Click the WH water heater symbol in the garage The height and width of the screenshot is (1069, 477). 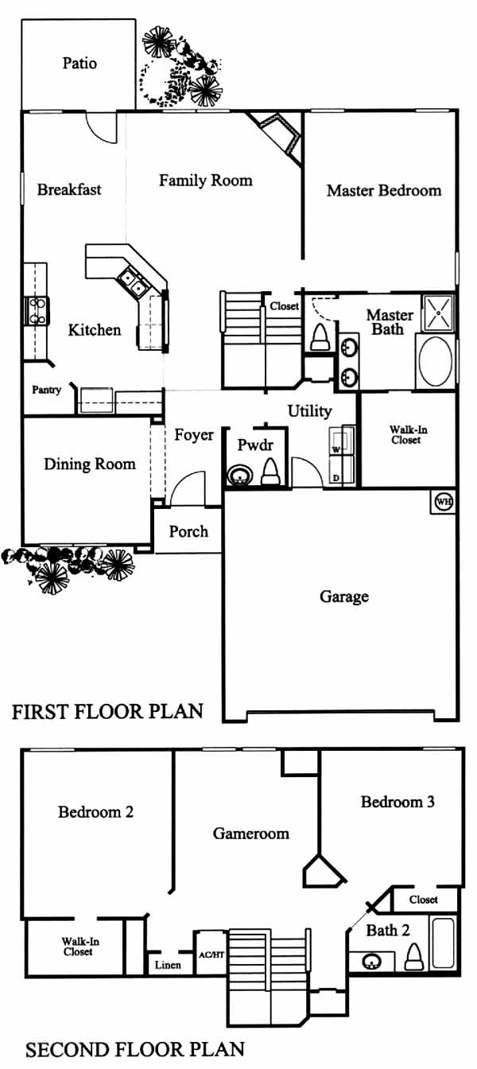pyautogui.click(x=443, y=502)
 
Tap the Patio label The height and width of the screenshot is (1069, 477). pyautogui.click(x=79, y=63)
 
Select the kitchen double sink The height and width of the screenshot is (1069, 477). pyautogui.click(x=133, y=282)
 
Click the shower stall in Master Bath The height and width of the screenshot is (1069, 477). pyautogui.click(x=438, y=313)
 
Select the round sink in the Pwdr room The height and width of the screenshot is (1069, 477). pyautogui.click(x=238, y=476)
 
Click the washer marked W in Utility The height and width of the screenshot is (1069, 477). pyautogui.click(x=342, y=441)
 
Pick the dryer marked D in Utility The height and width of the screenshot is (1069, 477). pyautogui.click(x=342, y=469)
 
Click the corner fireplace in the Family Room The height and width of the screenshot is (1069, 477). pyautogui.click(x=277, y=137)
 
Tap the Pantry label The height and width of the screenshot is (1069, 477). pyautogui.click(x=47, y=390)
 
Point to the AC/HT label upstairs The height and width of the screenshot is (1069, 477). pyautogui.click(x=211, y=955)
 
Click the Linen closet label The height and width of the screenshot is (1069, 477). pyautogui.click(x=168, y=965)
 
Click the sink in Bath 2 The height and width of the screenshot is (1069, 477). pyautogui.click(x=372, y=961)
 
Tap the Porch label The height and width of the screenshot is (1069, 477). pyautogui.click(x=189, y=531)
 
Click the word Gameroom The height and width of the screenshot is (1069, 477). pyautogui.click(x=251, y=834)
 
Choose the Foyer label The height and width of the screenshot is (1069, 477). pyautogui.click(x=194, y=435)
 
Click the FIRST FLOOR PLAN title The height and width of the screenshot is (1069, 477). pyautogui.click(x=108, y=712)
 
